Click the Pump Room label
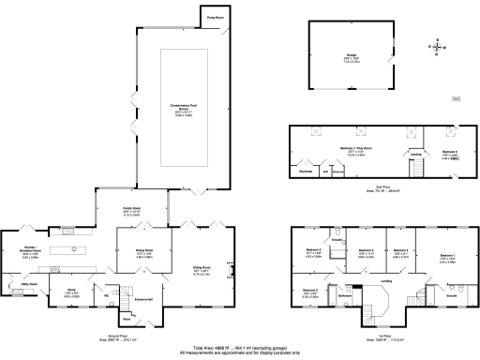(215, 16)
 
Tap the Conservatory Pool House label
(180, 105)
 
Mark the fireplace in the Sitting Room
(231, 272)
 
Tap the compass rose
(436, 47)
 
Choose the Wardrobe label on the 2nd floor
(305, 172)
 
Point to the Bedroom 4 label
(401, 250)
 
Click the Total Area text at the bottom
(240, 345)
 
